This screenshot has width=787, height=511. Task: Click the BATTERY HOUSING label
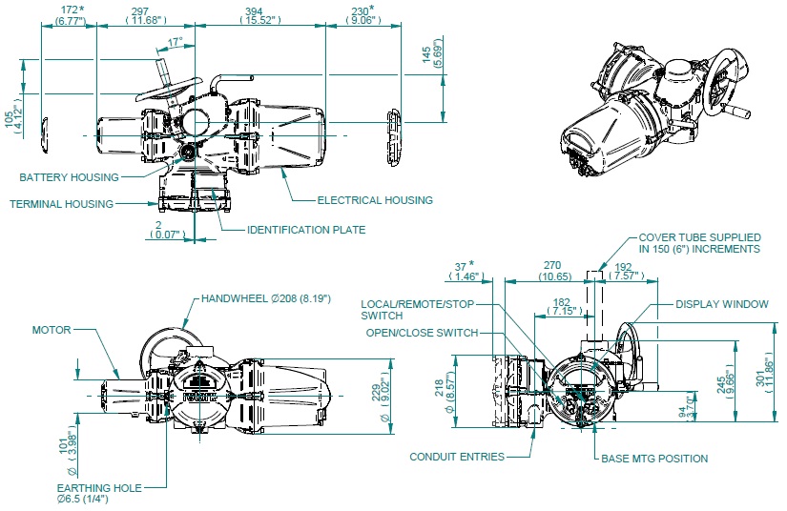tap(70, 177)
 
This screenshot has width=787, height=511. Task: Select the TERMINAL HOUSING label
tap(62, 203)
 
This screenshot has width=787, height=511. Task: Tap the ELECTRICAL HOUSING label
tap(375, 200)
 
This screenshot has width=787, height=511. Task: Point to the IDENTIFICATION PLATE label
tap(306, 230)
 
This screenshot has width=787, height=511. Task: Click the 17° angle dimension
tap(175, 42)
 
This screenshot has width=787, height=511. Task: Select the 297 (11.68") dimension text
tap(147, 15)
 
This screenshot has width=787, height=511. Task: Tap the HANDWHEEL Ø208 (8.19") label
tap(266, 298)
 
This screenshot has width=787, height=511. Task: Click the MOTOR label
tap(52, 330)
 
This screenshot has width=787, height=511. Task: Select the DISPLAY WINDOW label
tap(721, 304)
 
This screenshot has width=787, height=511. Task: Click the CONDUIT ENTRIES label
tap(457, 457)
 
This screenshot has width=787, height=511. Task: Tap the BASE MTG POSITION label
tap(654, 459)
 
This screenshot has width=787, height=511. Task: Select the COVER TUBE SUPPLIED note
tap(698, 242)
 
